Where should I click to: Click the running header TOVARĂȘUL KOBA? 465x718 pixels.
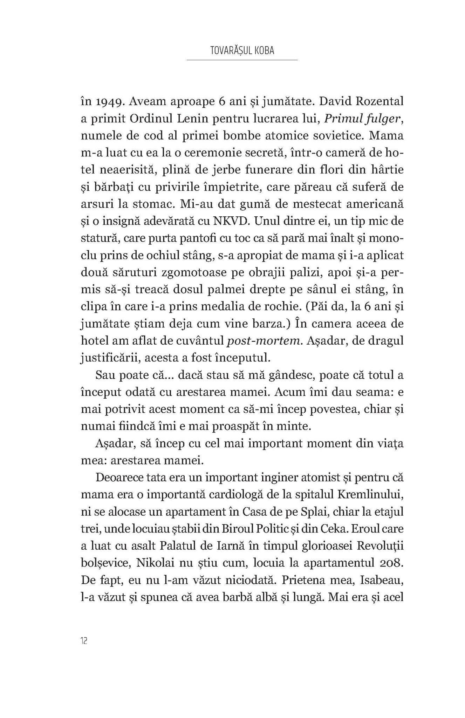tap(242, 50)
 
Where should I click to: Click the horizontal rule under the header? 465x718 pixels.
tap(242, 60)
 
